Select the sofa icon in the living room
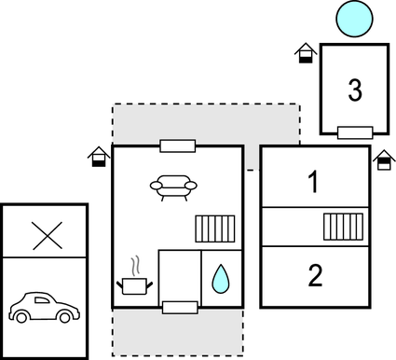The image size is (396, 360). [174, 187]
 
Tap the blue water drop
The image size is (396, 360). [220, 278]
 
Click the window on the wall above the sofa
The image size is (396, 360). [176, 145]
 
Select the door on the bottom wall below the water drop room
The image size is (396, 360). [179, 307]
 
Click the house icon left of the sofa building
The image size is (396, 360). [98, 157]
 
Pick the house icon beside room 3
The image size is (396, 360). [306, 53]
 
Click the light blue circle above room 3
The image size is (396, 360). [354, 17]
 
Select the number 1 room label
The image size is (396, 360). [314, 182]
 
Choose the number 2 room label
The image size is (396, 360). [315, 275]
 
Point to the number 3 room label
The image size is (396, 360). [355, 90]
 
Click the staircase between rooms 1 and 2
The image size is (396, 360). [342, 227]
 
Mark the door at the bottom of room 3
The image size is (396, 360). [355, 132]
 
